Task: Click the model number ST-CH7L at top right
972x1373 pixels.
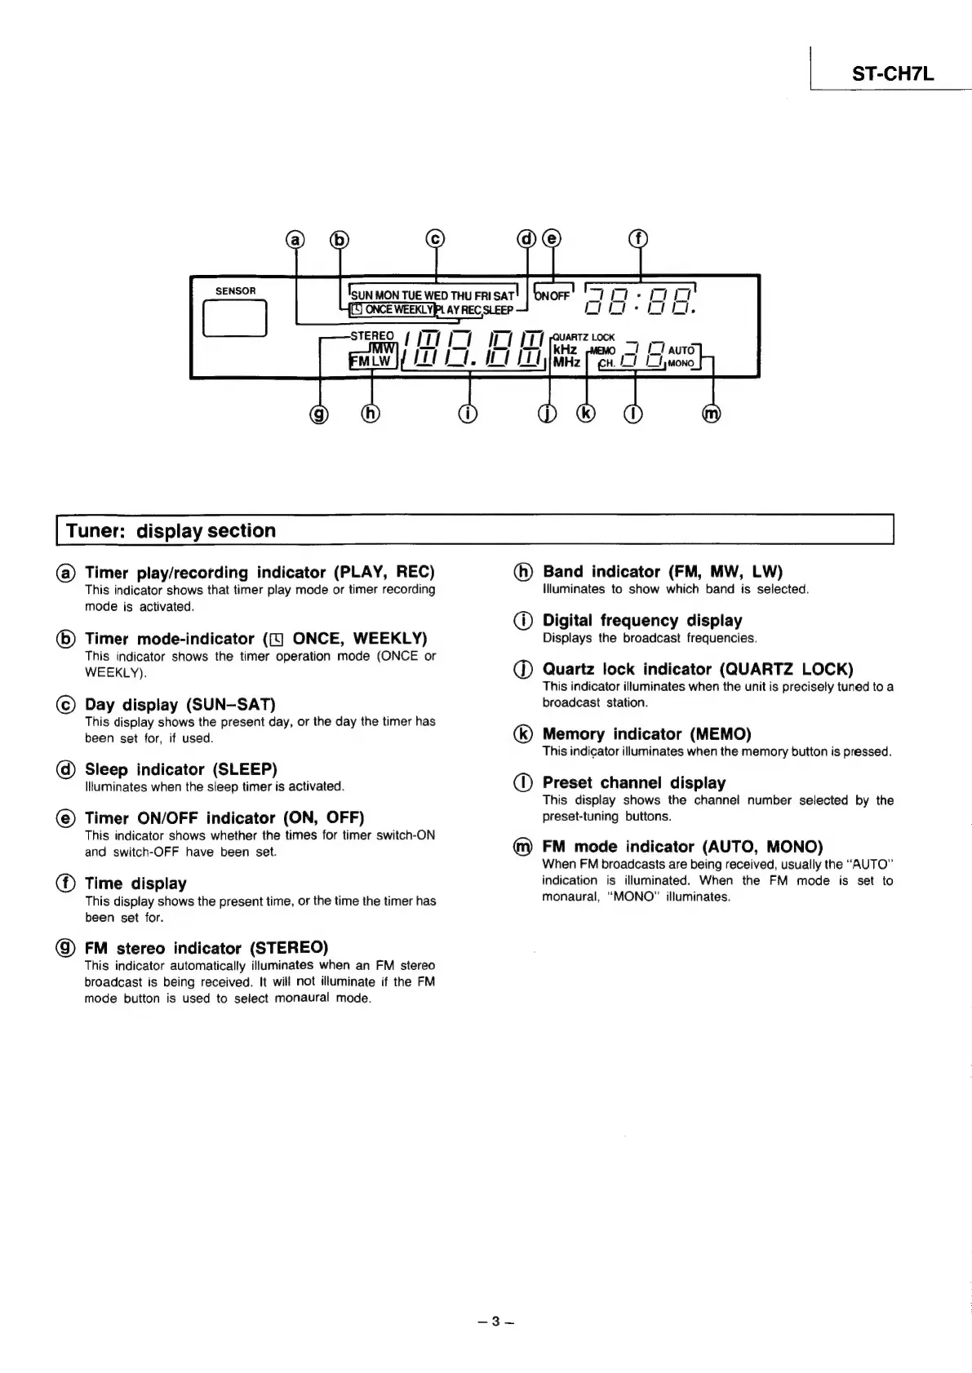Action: coord(892,74)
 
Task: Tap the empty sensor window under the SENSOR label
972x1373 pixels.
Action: coord(235,318)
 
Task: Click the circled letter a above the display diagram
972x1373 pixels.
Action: coord(295,239)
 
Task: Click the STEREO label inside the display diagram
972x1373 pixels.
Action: coord(371,335)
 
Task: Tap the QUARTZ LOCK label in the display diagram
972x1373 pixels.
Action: coord(584,337)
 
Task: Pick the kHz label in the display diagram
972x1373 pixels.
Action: coord(565,349)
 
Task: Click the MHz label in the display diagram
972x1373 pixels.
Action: coord(566,362)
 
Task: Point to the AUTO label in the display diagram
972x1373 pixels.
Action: coord(681,350)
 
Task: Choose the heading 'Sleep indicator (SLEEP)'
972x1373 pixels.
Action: coord(181,769)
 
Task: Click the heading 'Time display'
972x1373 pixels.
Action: coord(135,884)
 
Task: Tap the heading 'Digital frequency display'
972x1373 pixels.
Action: coord(642,621)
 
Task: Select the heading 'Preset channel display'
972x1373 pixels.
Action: coord(634,783)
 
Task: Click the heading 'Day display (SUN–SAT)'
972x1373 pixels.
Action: coord(180,704)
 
